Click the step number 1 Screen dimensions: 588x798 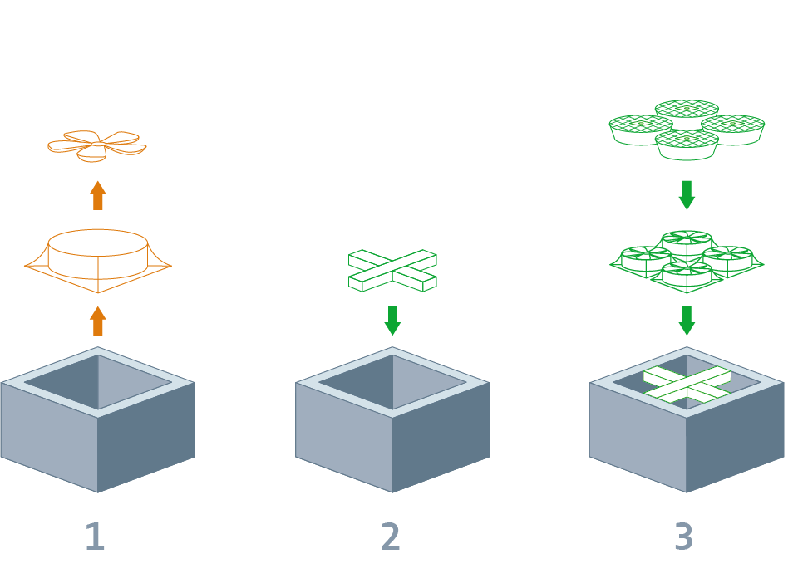(x=95, y=537)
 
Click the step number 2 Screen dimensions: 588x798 (x=390, y=537)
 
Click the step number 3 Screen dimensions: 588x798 (x=683, y=537)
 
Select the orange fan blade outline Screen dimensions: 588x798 (x=96, y=145)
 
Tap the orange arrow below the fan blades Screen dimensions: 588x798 (x=98, y=195)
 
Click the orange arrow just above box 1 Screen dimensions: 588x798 (x=98, y=321)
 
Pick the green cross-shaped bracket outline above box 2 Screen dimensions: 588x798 (x=392, y=270)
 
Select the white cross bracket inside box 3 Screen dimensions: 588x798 (x=687, y=385)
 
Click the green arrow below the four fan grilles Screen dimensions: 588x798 (x=687, y=195)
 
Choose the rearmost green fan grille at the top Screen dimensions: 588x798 (x=687, y=110)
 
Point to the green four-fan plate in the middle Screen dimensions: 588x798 (x=687, y=261)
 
